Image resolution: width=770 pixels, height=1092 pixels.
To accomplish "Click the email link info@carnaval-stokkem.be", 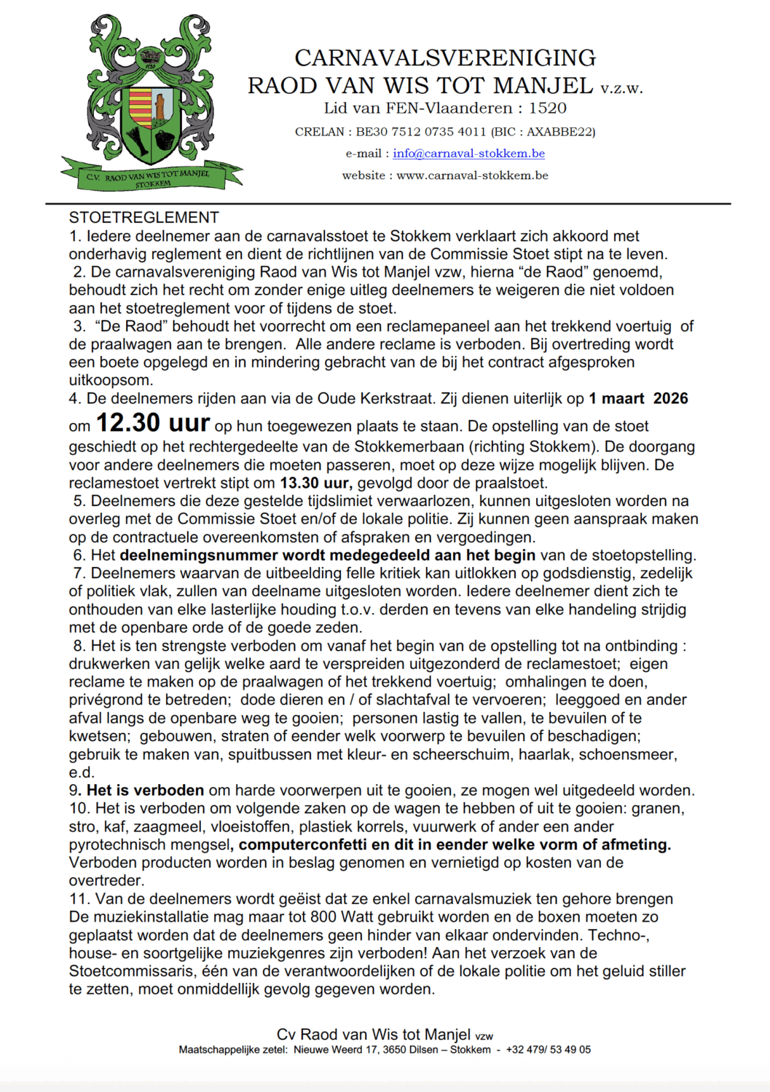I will click(468, 154).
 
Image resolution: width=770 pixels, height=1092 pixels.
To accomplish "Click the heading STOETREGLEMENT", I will click(144, 218).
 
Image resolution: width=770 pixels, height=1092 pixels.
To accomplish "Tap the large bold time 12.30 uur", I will click(153, 423).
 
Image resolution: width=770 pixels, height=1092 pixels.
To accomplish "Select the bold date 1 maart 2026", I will click(638, 398).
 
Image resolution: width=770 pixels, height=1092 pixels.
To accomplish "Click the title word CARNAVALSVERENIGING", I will click(445, 58).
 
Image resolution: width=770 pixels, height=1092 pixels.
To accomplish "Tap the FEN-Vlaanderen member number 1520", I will click(548, 108).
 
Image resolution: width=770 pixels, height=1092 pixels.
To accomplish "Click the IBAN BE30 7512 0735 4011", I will click(420, 132).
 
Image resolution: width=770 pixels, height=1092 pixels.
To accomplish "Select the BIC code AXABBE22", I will click(559, 132).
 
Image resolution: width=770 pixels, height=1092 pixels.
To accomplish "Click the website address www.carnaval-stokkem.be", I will click(472, 175).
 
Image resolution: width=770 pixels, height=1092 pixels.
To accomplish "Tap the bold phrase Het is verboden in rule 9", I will click(146, 791).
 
